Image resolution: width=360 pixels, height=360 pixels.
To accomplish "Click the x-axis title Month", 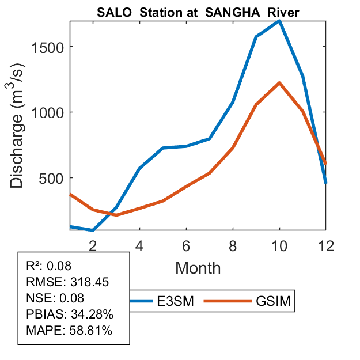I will [x=198, y=267].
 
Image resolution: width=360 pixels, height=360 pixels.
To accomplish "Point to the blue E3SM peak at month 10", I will [x=279, y=21].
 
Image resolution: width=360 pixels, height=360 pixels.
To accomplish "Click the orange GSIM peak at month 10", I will [x=279, y=83].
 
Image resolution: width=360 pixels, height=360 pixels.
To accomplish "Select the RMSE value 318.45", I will [x=89, y=282].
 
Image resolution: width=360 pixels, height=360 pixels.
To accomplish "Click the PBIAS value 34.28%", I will [x=92, y=314].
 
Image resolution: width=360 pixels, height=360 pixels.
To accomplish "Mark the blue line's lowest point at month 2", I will [x=93, y=230].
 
